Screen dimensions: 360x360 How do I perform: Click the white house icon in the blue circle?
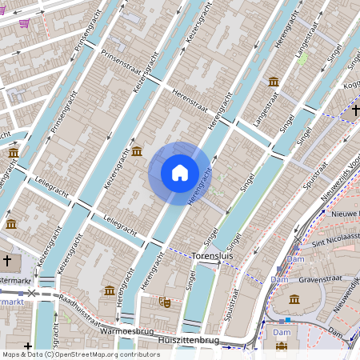(180, 173)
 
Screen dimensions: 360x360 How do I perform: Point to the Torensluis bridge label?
(212, 256)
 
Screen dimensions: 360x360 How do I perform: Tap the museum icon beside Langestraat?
(274, 82)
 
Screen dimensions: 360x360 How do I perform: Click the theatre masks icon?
(166, 302)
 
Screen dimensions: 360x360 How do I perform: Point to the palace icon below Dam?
(282, 346)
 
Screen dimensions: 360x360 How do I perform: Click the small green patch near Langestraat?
(302, 59)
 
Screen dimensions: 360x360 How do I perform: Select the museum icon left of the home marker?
(137, 151)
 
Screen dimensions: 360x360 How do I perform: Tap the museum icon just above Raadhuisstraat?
(109, 290)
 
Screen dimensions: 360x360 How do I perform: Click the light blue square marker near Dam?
(288, 319)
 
